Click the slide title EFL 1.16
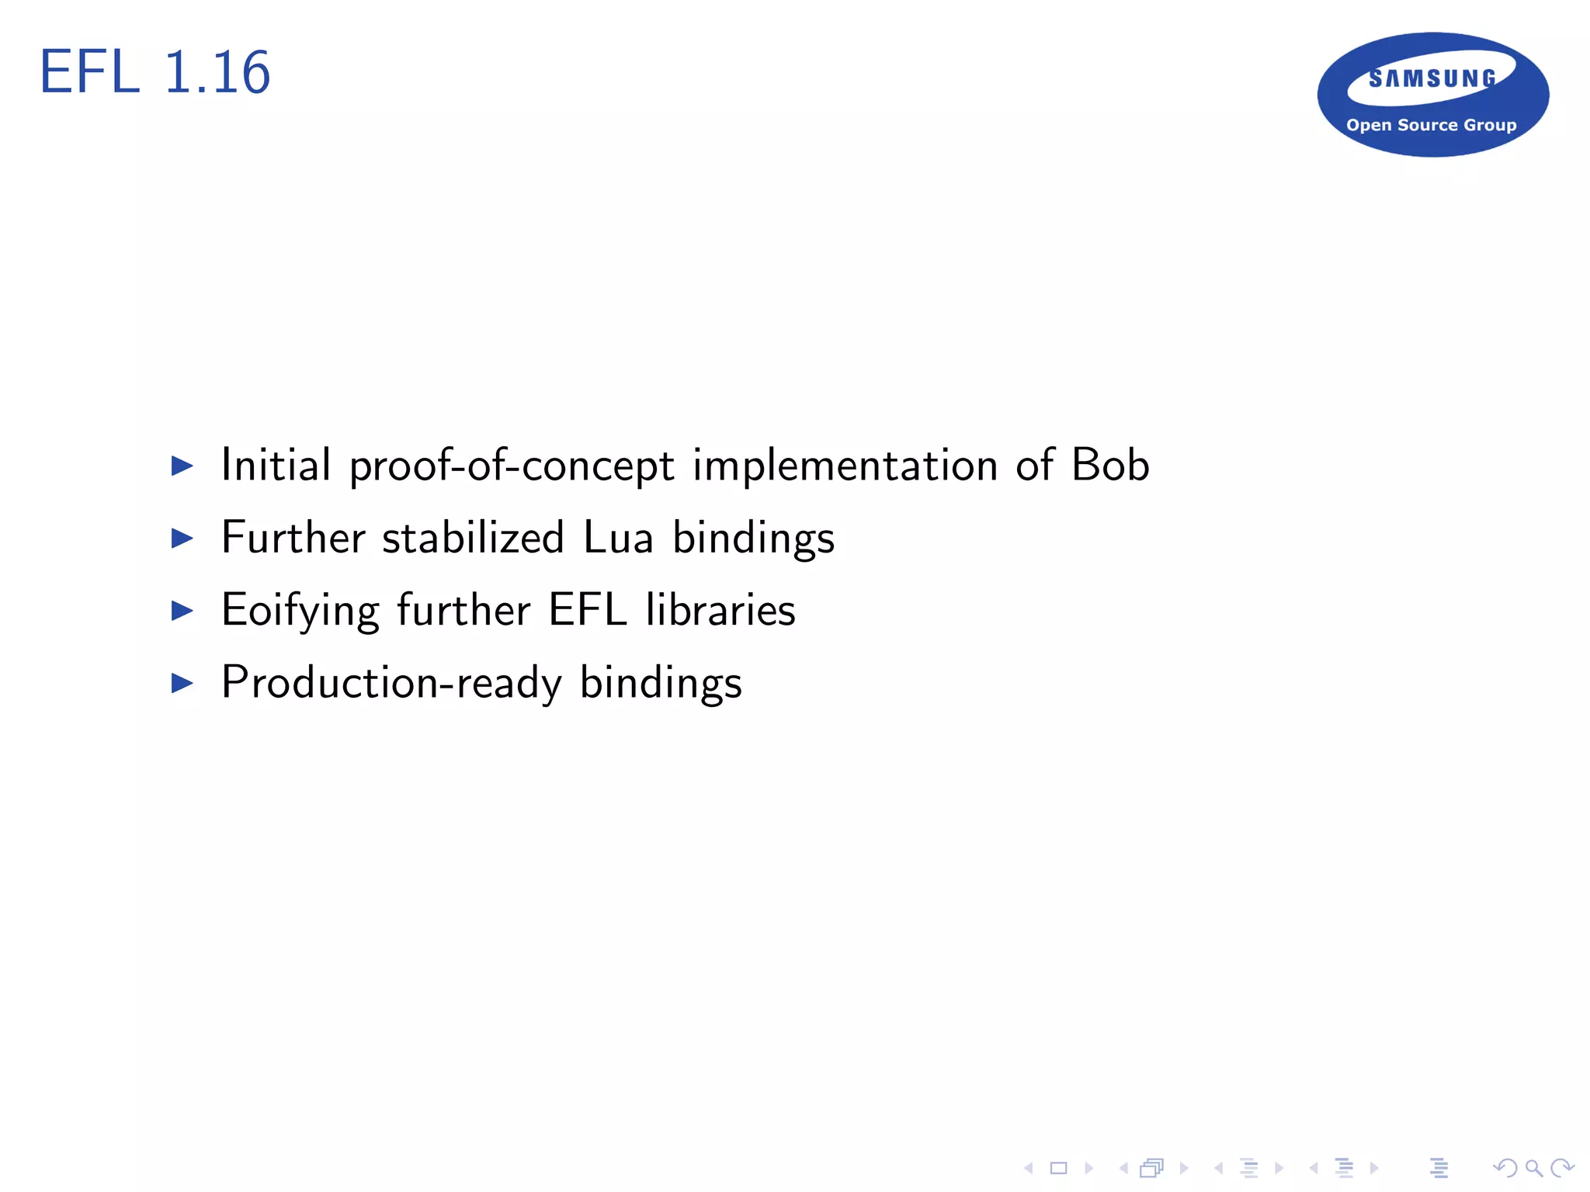pos(155,72)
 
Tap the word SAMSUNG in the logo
pos(1432,78)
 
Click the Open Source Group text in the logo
pos(1431,125)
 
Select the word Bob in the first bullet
pos(1109,465)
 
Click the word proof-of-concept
pos(512,466)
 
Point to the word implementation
pos(845,466)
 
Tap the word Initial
pos(276,465)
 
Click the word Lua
pos(618,537)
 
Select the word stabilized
pos(473,537)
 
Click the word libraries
pos(720,610)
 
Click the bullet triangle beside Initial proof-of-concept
pos(182,466)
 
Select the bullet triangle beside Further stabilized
pos(182,538)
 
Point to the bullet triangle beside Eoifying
pos(182,611)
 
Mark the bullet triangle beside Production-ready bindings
pos(182,683)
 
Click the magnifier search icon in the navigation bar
pos(1533,1167)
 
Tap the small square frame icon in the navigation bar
pos(1058,1168)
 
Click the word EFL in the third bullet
pos(588,610)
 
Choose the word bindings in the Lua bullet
pos(753,539)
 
